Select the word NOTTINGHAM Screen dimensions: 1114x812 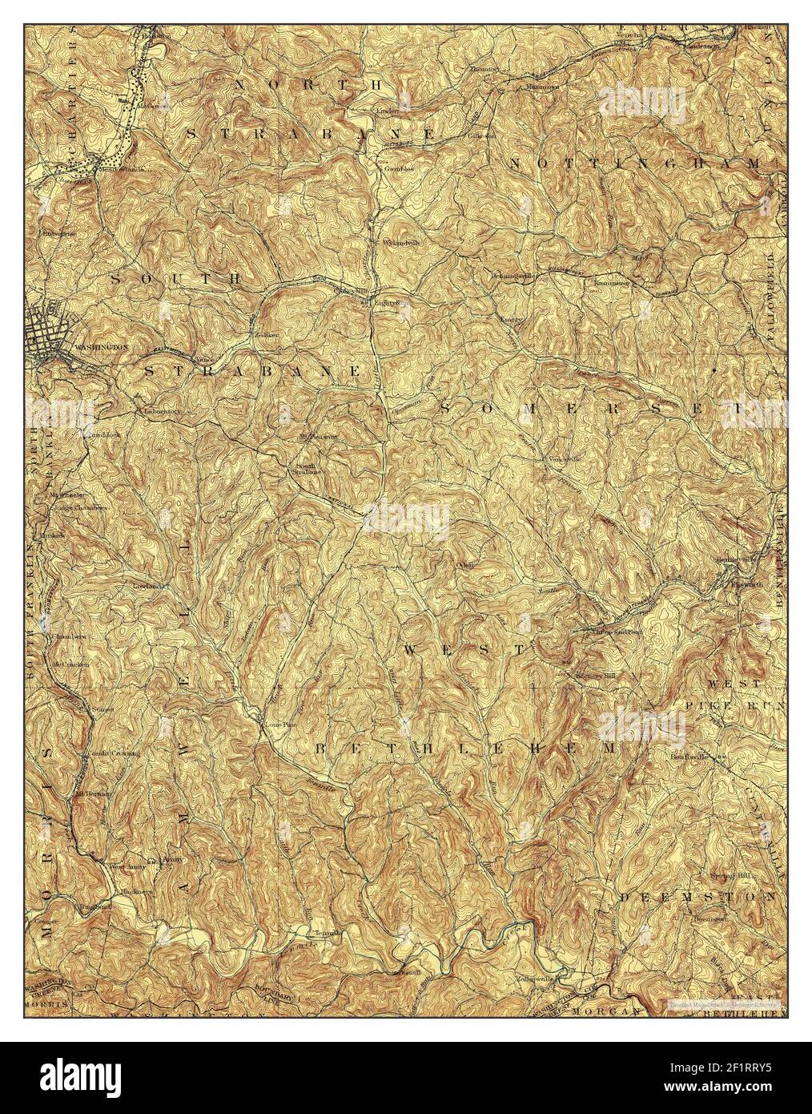coord(634,163)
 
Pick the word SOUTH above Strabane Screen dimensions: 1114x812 coord(175,279)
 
